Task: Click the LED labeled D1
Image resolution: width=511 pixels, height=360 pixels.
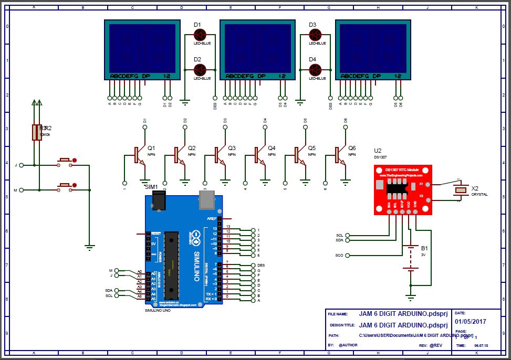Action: [x=200, y=35]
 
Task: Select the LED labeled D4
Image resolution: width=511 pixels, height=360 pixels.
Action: [x=315, y=69]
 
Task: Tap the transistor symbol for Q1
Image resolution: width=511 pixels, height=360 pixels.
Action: [x=138, y=155]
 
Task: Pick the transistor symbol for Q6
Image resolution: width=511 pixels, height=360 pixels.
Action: [x=338, y=155]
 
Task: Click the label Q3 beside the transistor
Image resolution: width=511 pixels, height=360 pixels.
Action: [x=232, y=148]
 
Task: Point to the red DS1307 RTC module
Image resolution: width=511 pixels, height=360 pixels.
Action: [x=403, y=189]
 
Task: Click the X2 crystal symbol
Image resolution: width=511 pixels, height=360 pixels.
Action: [x=461, y=190]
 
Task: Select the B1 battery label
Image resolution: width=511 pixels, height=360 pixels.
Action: [x=424, y=247]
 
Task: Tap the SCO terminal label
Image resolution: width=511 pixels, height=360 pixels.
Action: [x=339, y=255]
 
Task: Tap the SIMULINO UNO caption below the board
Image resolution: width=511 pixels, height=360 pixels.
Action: [x=158, y=311]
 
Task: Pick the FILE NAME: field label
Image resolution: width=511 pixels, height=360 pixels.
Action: [x=338, y=314]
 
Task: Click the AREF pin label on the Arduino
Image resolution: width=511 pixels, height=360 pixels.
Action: [x=212, y=218]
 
